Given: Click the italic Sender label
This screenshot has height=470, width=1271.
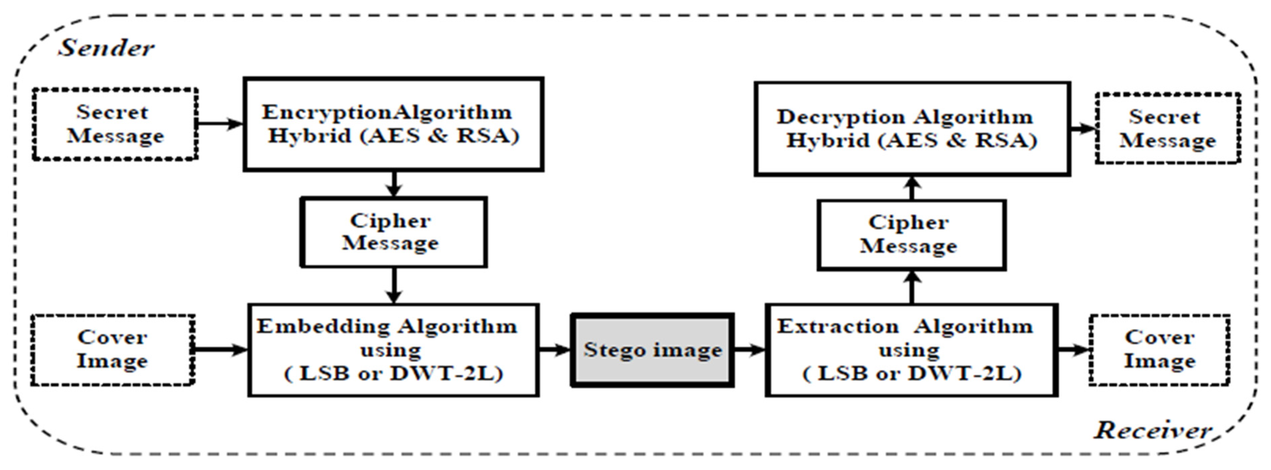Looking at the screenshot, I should tap(106, 48).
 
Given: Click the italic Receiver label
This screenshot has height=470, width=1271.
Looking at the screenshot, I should tap(1152, 430).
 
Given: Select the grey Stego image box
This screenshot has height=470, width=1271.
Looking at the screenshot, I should tap(652, 350).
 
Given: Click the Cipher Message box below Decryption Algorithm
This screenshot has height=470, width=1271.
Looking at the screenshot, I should tap(911, 235).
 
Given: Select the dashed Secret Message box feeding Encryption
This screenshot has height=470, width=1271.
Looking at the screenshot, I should tap(115, 124).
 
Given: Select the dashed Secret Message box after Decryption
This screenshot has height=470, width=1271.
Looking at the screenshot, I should tap(1167, 128).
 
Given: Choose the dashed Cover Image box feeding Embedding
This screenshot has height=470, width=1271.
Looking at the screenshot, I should tap(112, 349).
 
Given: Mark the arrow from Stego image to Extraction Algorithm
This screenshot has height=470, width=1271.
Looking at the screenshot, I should tap(749, 350).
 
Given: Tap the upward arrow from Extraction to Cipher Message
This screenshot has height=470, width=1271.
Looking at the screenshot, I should tap(911, 287).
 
